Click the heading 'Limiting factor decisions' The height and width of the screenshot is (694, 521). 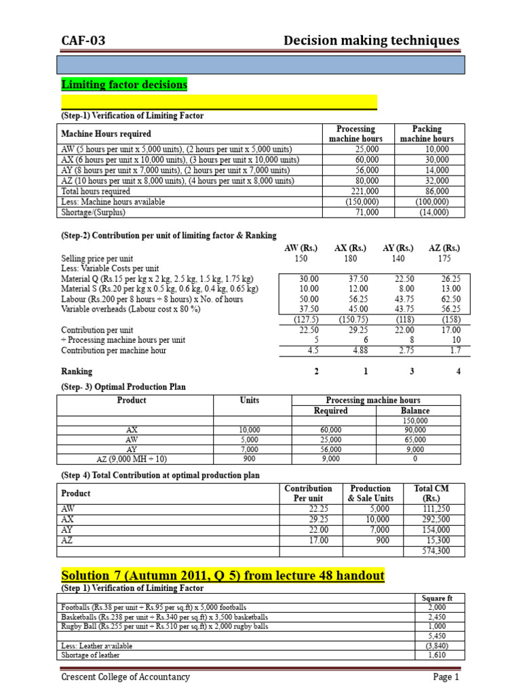coord(124,85)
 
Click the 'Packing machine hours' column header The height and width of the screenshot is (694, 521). coord(427,134)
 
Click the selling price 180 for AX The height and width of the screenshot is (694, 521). coord(350,259)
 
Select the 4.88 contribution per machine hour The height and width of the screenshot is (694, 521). coord(350,350)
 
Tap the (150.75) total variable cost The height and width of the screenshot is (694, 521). coord(350,320)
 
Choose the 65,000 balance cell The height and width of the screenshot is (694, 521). coord(415,439)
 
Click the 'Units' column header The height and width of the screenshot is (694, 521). coord(250,401)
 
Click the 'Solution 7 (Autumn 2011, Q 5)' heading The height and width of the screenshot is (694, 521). coord(223,575)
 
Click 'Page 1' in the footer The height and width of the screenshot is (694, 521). coord(446,677)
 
